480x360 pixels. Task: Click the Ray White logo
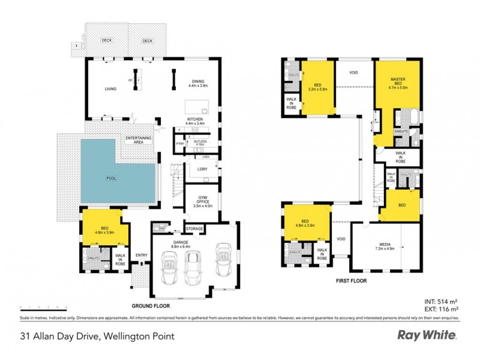click(x=427, y=335)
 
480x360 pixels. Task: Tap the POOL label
click(x=112, y=178)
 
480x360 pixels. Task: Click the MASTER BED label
click(x=398, y=83)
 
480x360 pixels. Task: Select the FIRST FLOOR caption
click(x=352, y=280)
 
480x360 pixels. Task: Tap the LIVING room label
click(x=110, y=89)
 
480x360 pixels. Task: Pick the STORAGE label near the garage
click(x=194, y=229)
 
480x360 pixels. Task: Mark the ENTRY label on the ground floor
click(x=142, y=254)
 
